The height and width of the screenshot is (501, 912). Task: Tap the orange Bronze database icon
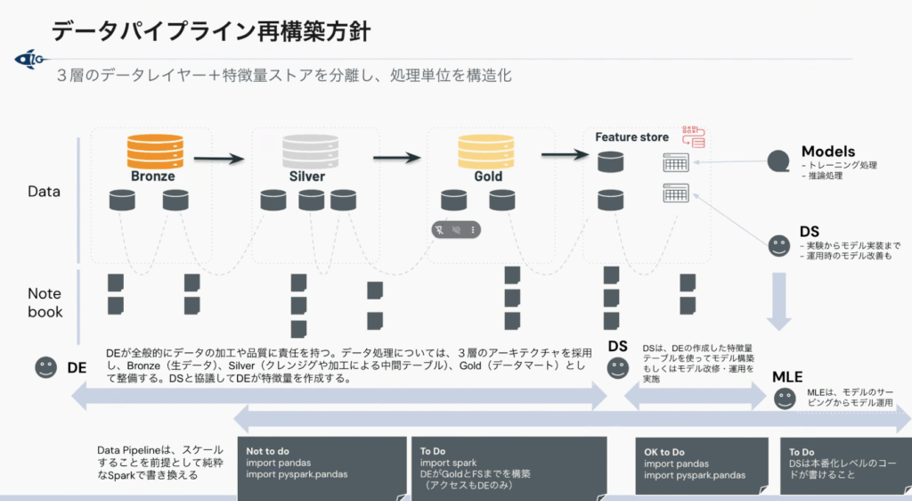click(x=154, y=148)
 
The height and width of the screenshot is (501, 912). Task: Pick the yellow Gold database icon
click(x=487, y=148)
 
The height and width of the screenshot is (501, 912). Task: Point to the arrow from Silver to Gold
click(x=396, y=158)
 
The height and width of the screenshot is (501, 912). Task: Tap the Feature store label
click(x=631, y=136)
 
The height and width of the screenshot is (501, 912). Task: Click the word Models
click(x=827, y=152)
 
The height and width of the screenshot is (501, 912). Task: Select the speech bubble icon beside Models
click(x=778, y=161)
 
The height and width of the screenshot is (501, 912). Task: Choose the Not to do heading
click(x=268, y=451)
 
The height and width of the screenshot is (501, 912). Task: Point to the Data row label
click(x=44, y=191)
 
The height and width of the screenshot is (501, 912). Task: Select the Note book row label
click(x=45, y=302)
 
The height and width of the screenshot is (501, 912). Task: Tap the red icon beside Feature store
click(x=693, y=136)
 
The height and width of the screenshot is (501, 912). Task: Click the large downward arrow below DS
click(x=780, y=300)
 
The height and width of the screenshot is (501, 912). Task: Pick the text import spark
click(x=449, y=463)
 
